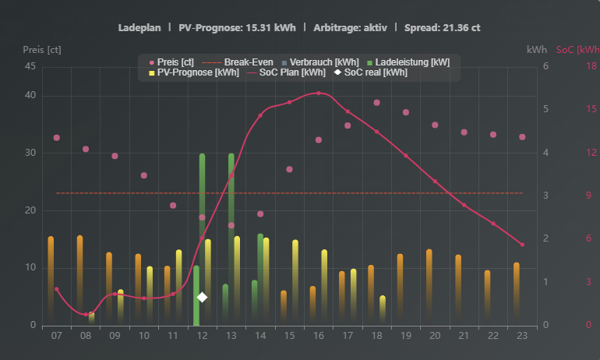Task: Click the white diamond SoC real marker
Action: pos(202,297)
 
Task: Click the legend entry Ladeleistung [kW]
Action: pos(406,62)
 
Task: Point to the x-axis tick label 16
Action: pos(319,335)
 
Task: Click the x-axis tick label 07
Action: pos(56,335)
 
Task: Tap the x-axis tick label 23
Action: pos(522,335)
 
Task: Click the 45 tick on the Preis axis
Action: pos(30,66)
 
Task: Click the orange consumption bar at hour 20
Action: pos(429,281)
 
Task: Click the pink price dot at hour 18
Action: pos(376,102)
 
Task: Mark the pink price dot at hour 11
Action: pos(173,206)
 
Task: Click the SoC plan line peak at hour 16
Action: pos(319,94)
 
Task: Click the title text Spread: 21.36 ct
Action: pos(442,27)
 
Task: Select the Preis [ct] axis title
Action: pos(42,50)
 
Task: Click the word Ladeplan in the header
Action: pos(139,27)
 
